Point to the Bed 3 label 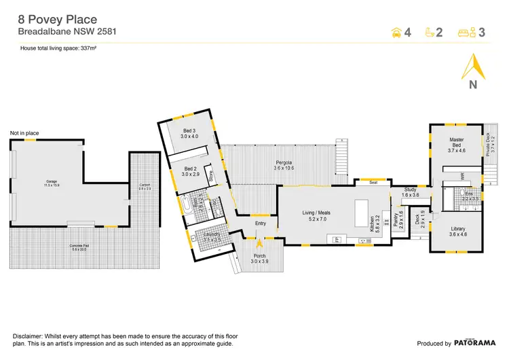click(189, 134)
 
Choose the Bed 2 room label click(189, 171)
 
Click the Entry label click(261, 223)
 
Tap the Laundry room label click(212, 237)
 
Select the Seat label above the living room click(373, 183)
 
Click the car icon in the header click(396, 32)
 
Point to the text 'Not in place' click(24, 132)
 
